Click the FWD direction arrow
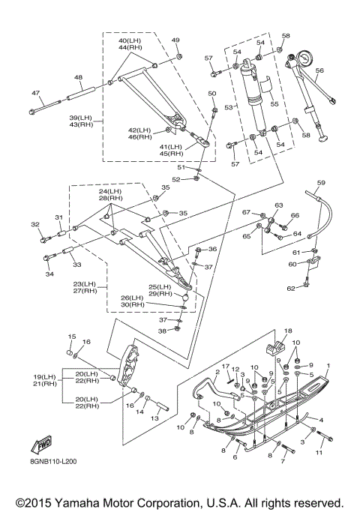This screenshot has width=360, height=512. pyautogui.click(x=41, y=445)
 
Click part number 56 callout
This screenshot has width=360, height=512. pyautogui.click(x=319, y=70)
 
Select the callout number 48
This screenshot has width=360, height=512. pyautogui.click(x=79, y=77)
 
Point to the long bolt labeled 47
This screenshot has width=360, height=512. pyautogui.click(x=45, y=106)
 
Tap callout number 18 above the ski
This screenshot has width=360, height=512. pyautogui.click(x=288, y=331)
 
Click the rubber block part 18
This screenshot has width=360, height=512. pyautogui.click(x=276, y=346)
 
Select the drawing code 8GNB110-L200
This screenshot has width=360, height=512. pyautogui.click(x=52, y=462)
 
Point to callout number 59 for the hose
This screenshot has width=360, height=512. pyautogui.click(x=321, y=182)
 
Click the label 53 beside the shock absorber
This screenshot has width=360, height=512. pyautogui.click(x=229, y=107)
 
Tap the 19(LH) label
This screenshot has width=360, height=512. pyautogui.click(x=44, y=377)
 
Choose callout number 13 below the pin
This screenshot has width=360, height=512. pyautogui.click(x=154, y=418)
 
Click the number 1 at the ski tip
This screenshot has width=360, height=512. pyautogui.click(x=328, y=365)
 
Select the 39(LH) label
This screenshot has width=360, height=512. pyautogui.click(x=81, y=118)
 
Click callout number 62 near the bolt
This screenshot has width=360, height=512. pyautogui.click(x=291, y=289)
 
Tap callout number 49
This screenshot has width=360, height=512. pyautogui.click(x=175, y=40)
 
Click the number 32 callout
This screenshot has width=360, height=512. pyautogui.click(x=35, y=224)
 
